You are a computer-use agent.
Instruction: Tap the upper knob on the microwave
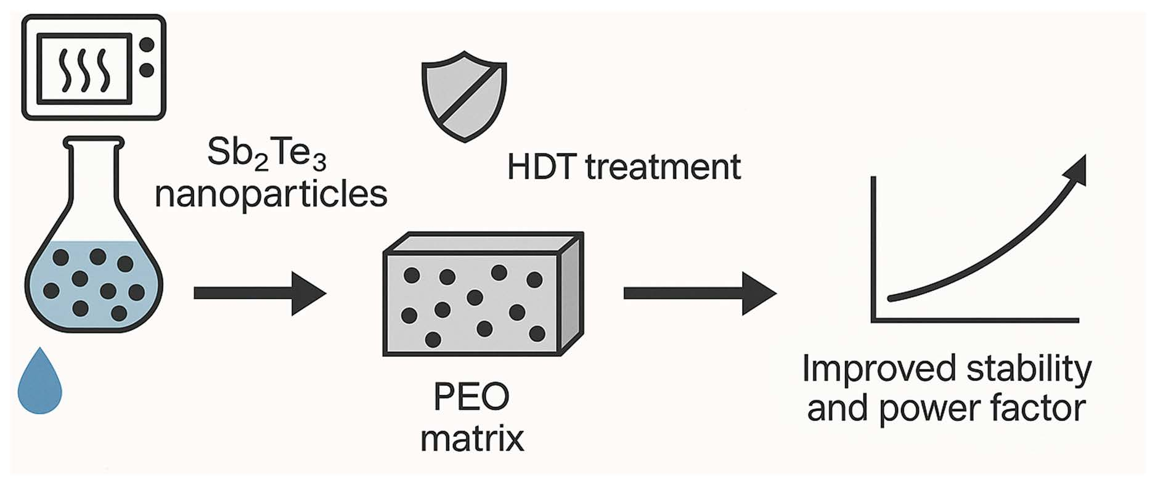pyautogui.click(x=147, y=45)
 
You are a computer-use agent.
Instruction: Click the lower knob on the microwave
pyautogui.click(x=147, y=71)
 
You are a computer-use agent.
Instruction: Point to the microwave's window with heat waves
pyautogui.click(x=84, y=67)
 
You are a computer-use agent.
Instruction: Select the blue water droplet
pyautogui.click(x=40, y=382)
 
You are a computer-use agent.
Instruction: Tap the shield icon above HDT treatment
pyautogui.click(x=464, y=96)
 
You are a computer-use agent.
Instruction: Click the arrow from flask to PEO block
pyautogui.click(x=259, y=293)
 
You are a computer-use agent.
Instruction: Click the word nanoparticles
pyautogui.click(x=271, y=194)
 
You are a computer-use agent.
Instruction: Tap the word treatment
pyautogui.click(x=663, y=167)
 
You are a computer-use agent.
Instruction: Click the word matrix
pyautogui.click(x=472, y=438)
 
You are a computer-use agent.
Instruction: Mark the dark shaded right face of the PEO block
pyautogui.click(x=571, y=295)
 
